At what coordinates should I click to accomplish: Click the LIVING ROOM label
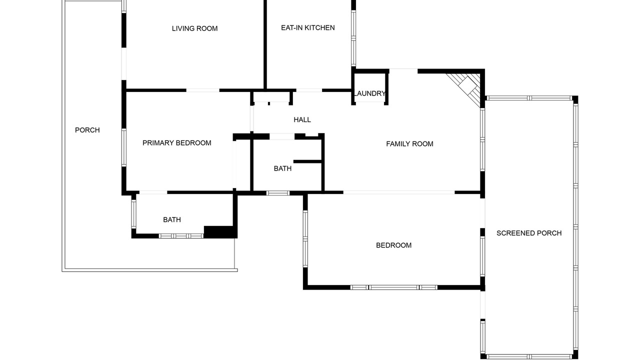pyautogui.click(x=194, y=28)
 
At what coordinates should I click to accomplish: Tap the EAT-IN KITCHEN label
pyautogui.click(x=307, y=27)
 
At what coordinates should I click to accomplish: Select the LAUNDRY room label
pyautogui.click(x=369, y=93)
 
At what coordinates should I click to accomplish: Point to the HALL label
pyautogui.click(x=302, y=119)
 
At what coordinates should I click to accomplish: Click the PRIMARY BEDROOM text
pyautogui.click(x=177, y=143)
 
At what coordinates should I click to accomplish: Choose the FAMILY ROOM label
pyautogui.click(x=409, y=143)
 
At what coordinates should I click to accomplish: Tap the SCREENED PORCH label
pyautogui.click(x=529, y=233)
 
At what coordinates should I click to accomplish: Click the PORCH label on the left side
pyautogui.click(x=87, y=130)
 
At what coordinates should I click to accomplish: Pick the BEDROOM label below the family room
pyautogui.click(x=393, y=245)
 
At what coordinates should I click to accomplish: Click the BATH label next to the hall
pyautogui.click(x=282, y=168)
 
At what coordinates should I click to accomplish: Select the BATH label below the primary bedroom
pyautogui.click(x=171, y=219)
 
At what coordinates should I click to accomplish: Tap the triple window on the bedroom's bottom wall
pyautogui.click(x=393, y=287)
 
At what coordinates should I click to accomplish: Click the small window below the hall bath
pyautogui.click(x=277, y=193)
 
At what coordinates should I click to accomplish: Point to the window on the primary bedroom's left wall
pyautogui.click(x=123, y=147)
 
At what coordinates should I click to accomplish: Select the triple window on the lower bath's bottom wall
pyautogui.click(x=181, y=236)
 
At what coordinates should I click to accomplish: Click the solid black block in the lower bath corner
pyautogui.click(x=219, y=232)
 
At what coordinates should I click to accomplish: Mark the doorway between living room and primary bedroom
pyautogui.click(x=203, y=90)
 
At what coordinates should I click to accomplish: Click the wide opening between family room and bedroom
pyautogui.click(x=399, y=192)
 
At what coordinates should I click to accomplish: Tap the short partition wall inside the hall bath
pyautogui.click(x=307, y=161)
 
